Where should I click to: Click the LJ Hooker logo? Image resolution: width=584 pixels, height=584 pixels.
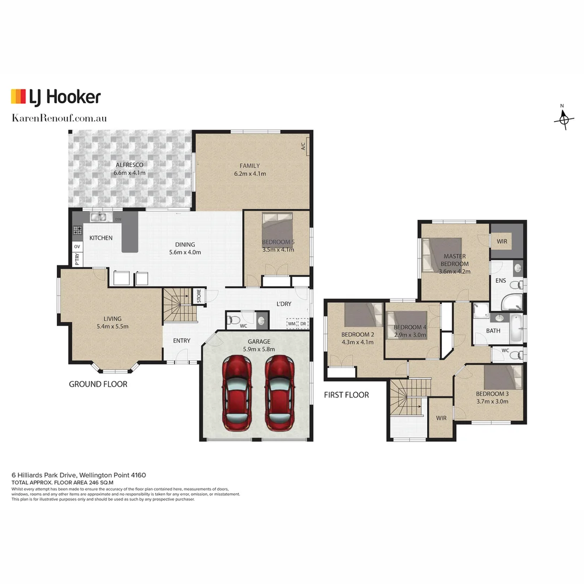pos(56,97)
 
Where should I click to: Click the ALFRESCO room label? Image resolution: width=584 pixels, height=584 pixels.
pos(129,165)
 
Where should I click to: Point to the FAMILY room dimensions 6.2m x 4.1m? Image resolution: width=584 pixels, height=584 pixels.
pos(250,174)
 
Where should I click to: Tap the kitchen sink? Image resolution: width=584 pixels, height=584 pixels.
pos(99,217)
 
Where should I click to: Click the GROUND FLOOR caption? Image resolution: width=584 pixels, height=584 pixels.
pos(98,384)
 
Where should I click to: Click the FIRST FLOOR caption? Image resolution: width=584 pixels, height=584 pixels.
pos(346,395)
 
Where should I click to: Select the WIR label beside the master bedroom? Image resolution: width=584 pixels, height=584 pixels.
pos(502,241)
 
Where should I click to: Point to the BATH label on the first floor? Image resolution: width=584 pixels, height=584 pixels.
pos(493,330)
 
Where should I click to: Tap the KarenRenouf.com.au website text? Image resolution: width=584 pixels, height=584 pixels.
pos(59,118)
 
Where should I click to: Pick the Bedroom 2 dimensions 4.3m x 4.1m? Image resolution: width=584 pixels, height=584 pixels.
pos(357,342)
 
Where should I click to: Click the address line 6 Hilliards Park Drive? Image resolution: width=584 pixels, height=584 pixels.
pos(78,474)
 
